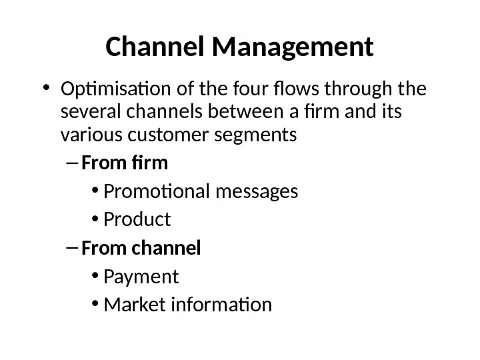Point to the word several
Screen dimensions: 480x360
coord(83,113)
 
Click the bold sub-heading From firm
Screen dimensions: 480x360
coord(125,163)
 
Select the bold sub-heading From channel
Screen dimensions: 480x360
coord(141,249)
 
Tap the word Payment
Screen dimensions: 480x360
coord(141,276)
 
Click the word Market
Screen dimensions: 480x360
coord(129,305)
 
